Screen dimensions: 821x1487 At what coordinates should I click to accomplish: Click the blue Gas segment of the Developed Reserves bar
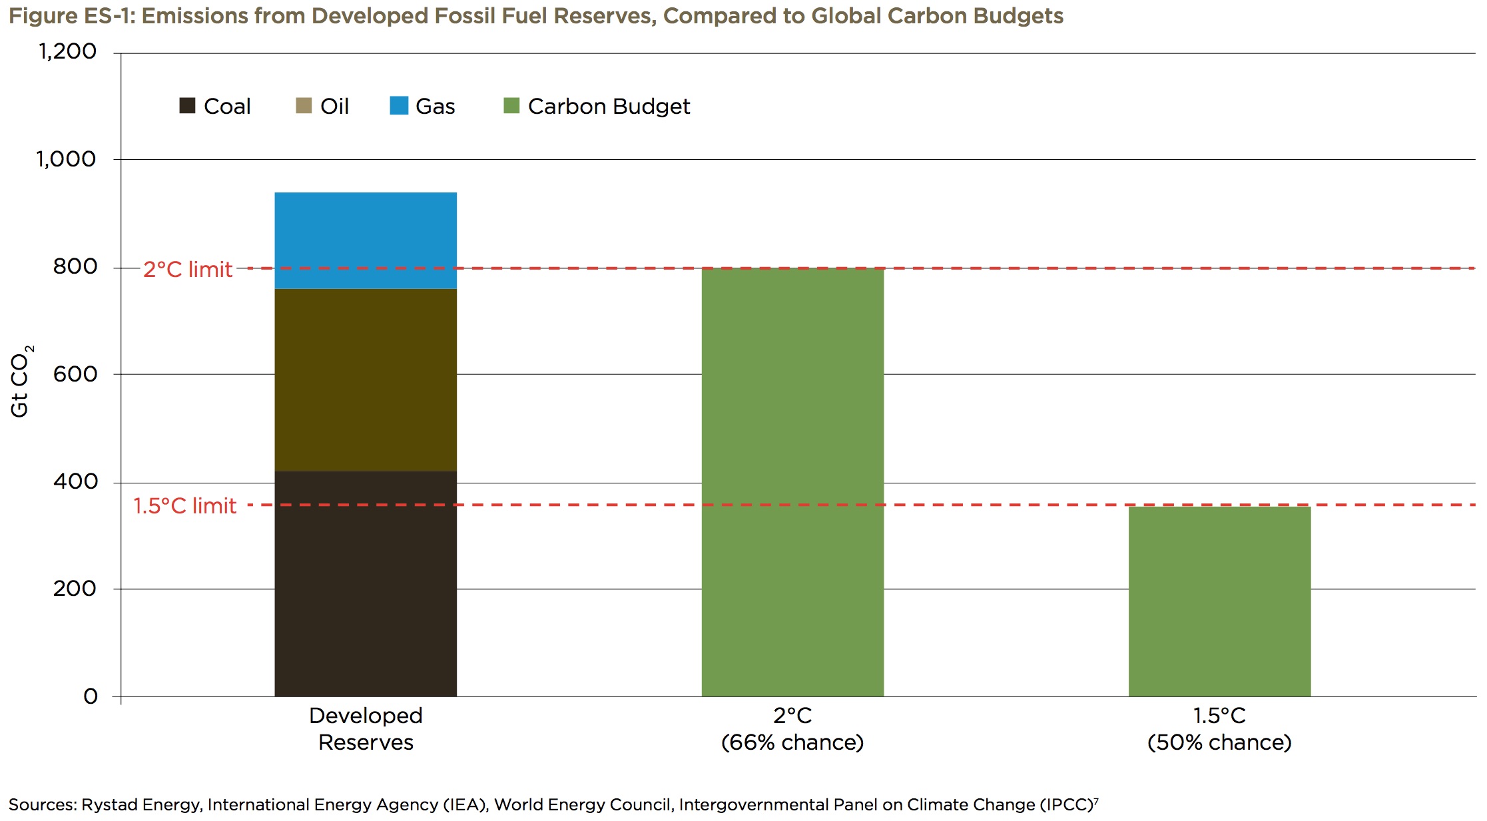point(366,240)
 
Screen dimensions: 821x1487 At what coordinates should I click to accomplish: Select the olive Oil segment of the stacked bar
point(366,380)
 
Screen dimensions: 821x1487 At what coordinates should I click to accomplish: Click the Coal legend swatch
point(187,106)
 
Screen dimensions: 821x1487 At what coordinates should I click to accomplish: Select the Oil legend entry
point(322,106)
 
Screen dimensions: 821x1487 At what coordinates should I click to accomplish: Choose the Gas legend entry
point(422,106)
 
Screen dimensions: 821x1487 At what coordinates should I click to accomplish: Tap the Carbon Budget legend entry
point(597,106)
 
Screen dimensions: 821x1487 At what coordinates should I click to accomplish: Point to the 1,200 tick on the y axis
point(67,51)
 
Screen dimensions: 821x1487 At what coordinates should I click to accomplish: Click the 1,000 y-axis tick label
point(66,159)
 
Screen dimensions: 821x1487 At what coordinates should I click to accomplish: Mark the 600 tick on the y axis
point(75,374)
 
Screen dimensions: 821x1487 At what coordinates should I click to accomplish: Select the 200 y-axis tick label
point(75,589)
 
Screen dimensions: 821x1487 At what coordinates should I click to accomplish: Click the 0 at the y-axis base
point(91,696)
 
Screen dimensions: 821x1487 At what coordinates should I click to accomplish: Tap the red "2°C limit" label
point(188,269)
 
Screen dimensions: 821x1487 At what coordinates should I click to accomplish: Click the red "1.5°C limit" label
point(184,506)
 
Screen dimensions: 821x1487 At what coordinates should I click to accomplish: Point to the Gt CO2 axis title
point(21,382)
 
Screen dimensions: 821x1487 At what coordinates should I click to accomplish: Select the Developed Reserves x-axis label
point(366,728)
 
